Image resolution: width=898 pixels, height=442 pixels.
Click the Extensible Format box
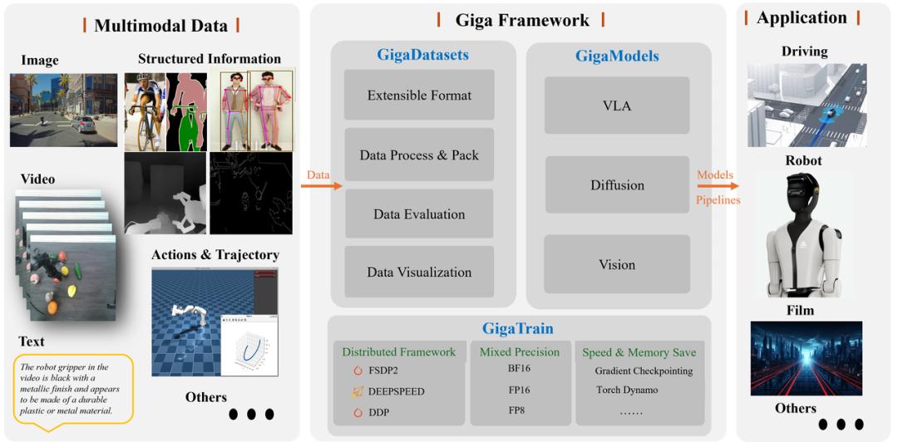coord(419,96)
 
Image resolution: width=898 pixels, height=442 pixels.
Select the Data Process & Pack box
coord(419,155)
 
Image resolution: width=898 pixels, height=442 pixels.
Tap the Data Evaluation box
coord(419,214)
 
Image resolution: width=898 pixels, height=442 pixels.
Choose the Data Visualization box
coord(419,272)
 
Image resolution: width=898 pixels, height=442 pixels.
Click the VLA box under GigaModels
coord(617,106)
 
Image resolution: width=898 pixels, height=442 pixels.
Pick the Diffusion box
coord(617,185)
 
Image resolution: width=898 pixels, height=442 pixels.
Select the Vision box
coord(617,264)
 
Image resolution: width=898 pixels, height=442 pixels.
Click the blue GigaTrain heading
coord(518,329)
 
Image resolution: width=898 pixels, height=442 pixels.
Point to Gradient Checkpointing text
coord(644,370)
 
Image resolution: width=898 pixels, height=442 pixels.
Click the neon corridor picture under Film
coord(806,358)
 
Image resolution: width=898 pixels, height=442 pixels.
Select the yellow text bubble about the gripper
coord(74,388)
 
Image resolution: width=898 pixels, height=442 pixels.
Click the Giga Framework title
coord(521,21)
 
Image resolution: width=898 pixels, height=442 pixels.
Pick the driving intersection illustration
coord(807,105)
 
